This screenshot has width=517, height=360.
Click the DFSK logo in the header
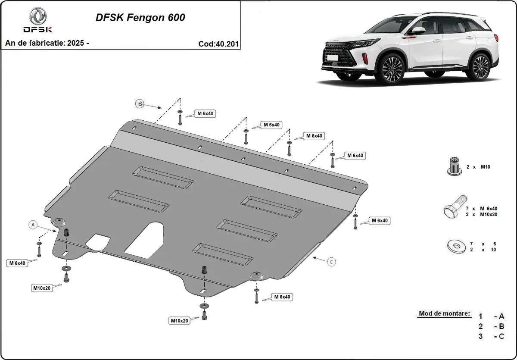coord(37,20)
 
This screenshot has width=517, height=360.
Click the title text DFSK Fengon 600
coord(140,18)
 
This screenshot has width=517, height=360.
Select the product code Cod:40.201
coord(218,44)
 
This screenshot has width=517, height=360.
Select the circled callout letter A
coord(32,224)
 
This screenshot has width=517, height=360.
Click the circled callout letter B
coord(140,103)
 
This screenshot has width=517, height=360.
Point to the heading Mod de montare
coord(444,313)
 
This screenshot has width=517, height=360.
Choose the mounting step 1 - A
coord(491,316)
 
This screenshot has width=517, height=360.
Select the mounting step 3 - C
coord(491,336)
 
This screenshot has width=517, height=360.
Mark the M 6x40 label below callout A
coord(16,263)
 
